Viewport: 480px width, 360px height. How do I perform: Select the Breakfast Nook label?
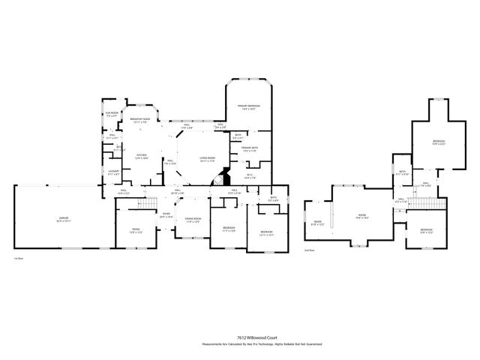click(140, 120)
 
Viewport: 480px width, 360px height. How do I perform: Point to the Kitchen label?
click(141, 157)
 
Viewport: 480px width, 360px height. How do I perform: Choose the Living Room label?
click(207, 158)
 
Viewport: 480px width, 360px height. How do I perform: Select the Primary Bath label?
click(249, 149)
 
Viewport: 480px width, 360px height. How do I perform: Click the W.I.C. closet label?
click(250, 176)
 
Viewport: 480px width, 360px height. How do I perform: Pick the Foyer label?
click(166, 214)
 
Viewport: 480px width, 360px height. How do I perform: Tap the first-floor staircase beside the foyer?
click(150, 203)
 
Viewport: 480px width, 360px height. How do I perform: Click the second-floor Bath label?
click(403, 173)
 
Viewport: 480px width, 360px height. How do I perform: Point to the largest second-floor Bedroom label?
click(438, 142)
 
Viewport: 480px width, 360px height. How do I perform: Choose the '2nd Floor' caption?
click(310, 250)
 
